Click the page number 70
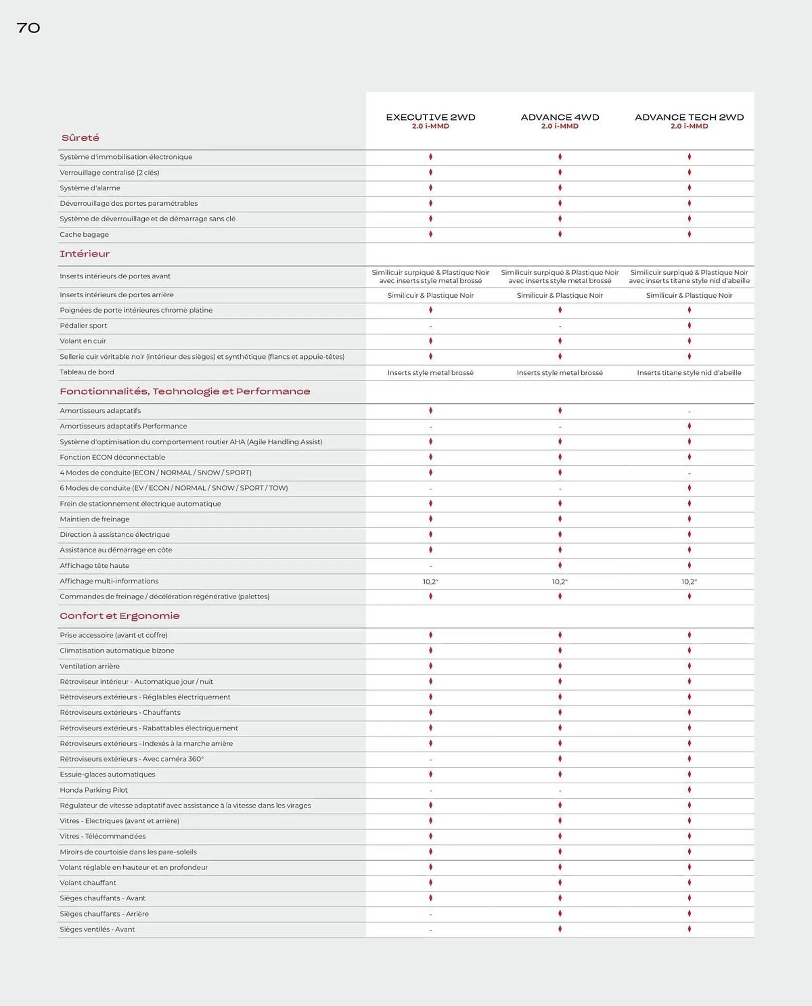28,28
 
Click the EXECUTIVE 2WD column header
430,118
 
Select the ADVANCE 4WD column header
560,118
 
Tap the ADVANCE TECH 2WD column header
689,118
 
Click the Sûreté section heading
80,138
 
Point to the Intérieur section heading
84,254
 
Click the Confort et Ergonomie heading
120,616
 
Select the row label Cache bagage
84,234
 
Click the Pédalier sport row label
83,325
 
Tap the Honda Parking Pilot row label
94,790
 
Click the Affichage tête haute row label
95,565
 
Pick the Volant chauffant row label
88,882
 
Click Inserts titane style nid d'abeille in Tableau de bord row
689,373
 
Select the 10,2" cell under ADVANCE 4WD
560,581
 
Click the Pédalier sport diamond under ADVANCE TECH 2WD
689,325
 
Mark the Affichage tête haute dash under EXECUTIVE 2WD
430,566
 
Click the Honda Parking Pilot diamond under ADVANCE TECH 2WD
689,790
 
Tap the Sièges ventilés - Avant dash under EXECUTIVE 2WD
430,930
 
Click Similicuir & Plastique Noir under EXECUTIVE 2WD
430,295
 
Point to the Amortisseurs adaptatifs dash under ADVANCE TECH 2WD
689,411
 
